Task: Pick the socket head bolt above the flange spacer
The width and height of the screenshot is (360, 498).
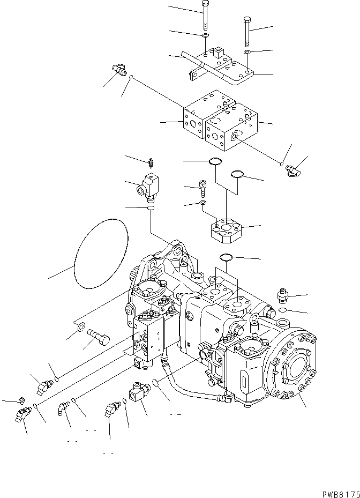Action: pos(202,188)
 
